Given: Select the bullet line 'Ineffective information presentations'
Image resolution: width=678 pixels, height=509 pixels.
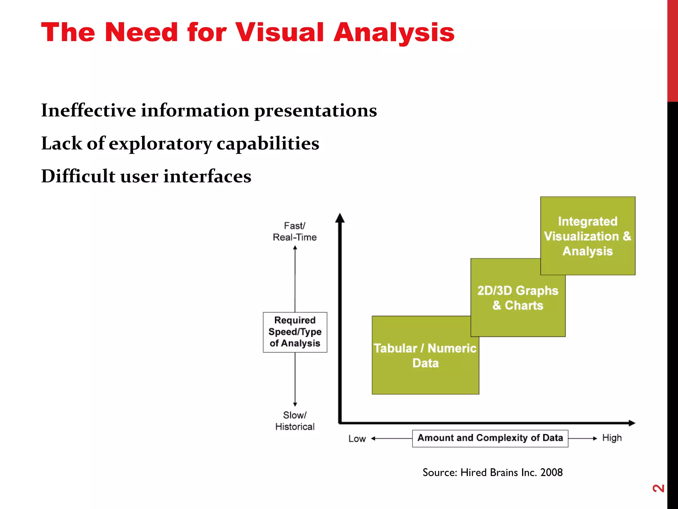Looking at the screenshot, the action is (209, 110).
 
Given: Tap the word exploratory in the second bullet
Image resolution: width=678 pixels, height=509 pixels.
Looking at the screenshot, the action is (160, 143).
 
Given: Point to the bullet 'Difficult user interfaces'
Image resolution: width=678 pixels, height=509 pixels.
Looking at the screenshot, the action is (146, 176).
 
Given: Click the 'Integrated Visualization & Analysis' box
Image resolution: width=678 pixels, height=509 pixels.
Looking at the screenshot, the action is (588, 236).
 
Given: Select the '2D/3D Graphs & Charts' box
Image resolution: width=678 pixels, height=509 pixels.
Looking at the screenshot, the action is (518, 298).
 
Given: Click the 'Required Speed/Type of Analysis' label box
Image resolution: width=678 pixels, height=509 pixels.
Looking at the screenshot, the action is (295, 332).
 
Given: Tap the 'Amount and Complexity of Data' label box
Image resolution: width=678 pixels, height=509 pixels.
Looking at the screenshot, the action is (490, 438).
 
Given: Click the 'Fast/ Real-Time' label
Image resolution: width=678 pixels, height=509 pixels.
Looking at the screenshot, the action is (295, 231).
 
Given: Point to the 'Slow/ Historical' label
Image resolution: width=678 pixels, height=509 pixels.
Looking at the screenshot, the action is (295, 421).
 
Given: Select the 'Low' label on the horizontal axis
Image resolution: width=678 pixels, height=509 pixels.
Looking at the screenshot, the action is (357, 439).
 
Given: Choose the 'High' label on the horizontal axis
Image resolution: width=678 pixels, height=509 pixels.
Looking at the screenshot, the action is (612, 438).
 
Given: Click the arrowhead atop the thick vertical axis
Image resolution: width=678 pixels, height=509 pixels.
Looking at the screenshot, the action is (340, 218).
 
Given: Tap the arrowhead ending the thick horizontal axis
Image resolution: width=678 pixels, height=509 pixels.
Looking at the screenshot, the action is (631, 423).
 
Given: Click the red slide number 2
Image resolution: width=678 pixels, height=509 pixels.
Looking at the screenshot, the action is (658, 488).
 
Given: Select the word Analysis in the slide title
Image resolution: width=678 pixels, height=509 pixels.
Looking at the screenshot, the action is (394, 32).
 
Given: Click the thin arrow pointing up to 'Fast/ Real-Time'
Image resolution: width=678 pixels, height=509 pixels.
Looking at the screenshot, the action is (295, 278).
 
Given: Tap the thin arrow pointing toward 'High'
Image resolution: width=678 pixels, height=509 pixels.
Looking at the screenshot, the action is (583, 438).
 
